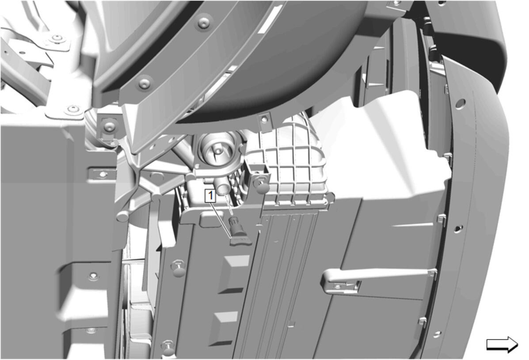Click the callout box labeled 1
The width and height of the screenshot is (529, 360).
210,196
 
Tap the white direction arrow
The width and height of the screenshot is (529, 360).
502,345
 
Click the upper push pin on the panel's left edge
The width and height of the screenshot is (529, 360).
179,269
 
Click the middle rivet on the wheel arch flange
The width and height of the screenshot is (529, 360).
145,83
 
